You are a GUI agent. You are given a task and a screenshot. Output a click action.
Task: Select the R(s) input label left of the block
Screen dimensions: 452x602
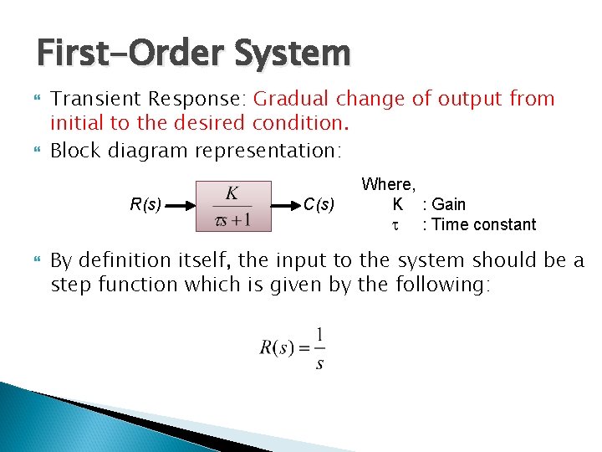pyautogui.click(x=146, y=204)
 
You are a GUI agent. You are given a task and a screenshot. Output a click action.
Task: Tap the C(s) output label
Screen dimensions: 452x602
pyautogui.click(x=319, y=204)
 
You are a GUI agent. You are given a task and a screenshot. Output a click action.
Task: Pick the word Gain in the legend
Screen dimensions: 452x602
pyautogui.click(x=449, y=204)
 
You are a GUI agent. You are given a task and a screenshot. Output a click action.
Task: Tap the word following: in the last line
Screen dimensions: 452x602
pyautogui.click(x=442, y=285)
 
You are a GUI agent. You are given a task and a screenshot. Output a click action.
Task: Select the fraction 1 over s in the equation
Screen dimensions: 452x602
pyautogui.click(x=319, y=348)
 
